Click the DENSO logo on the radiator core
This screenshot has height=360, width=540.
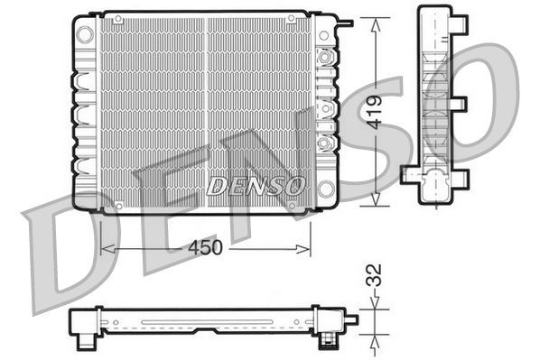click(x=256, y=186)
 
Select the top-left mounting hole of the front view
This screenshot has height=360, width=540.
click(x=85, y=34)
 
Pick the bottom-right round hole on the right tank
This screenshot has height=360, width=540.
click(x=326, y=189)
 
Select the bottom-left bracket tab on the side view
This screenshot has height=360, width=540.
click(x=408, y=173)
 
